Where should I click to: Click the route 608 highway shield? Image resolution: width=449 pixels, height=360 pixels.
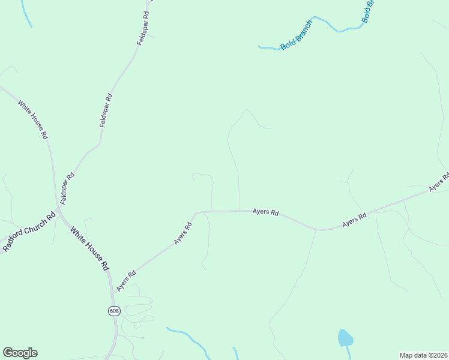[114, 310]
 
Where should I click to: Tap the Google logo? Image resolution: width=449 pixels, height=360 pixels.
[20, 353]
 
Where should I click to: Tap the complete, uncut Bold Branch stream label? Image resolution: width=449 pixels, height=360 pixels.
[297, 37]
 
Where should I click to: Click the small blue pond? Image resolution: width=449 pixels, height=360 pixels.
[345, 338]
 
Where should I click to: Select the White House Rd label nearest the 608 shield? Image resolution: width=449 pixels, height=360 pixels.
[89, 248]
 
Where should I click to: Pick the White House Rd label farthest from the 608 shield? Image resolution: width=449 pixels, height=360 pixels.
[32, 119]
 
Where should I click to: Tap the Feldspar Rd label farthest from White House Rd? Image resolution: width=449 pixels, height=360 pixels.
[142, 29]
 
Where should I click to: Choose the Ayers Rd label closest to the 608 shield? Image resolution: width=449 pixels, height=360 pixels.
[126, 281]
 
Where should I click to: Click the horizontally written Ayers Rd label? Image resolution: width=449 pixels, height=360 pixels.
[265, 212]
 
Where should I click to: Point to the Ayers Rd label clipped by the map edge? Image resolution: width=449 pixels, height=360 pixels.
[439, 183]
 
